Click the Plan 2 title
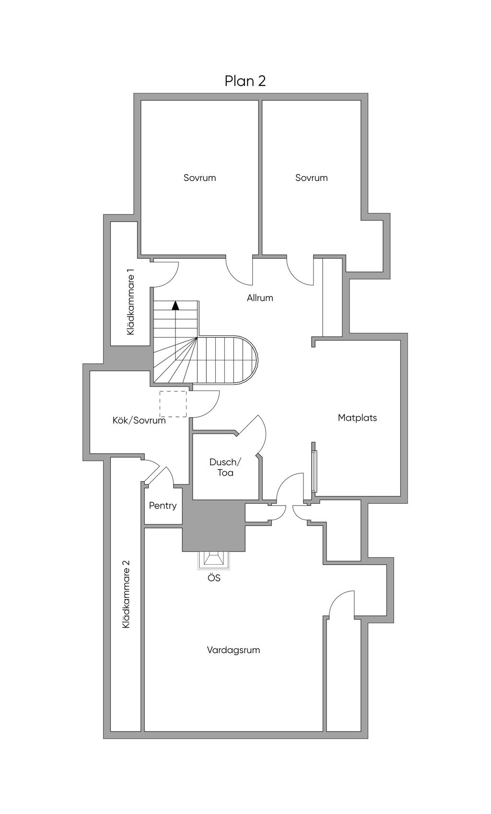(245, 81)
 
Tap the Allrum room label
(260, 298)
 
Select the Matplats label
(357, 418)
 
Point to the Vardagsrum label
(234, 650)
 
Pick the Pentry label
(163, 506)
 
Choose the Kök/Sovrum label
(139, 420)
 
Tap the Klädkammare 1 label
(130, 302)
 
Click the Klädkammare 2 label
(126, 594)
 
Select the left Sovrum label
(199, 177)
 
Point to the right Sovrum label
(311, 177)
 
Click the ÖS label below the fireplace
(214, 578)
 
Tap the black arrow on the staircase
(176, 305)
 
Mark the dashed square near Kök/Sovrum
(173, 404)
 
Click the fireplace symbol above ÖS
(213, 559)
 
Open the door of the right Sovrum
(299, 272)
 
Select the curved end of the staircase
(247, 360)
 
